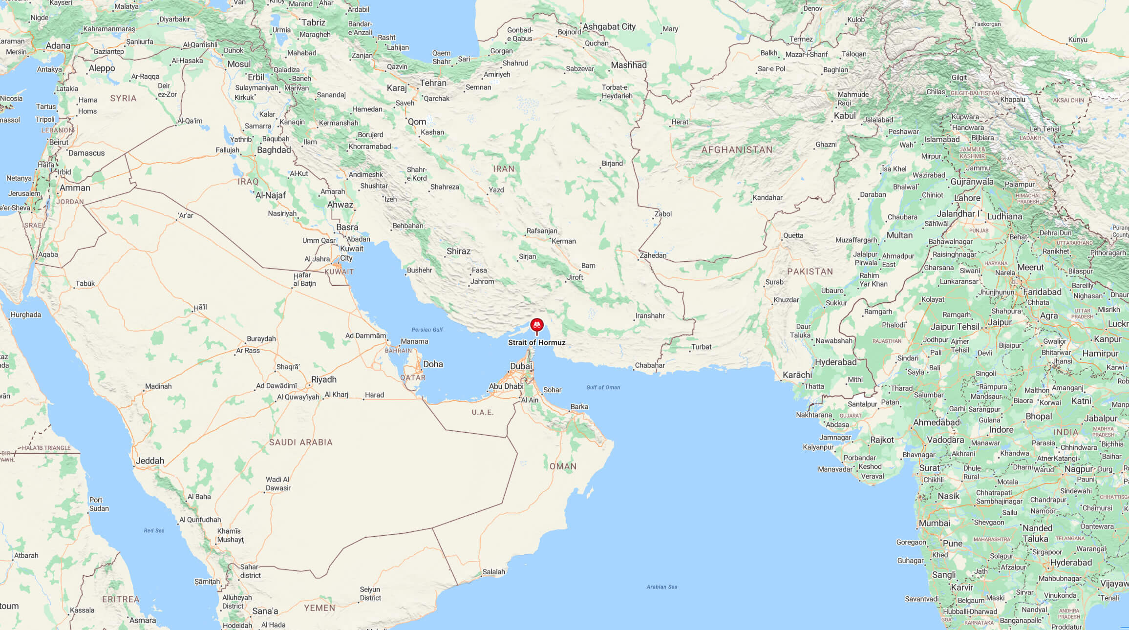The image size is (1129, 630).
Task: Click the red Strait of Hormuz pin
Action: pos(536,325)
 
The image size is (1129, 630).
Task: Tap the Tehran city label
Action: pos(433,83)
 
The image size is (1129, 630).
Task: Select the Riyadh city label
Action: pos(323,379)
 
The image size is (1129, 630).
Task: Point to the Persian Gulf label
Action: pos(427,330)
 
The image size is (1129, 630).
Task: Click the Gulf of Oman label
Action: pos(603,387)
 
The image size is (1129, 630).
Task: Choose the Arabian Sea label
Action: pos(661,587)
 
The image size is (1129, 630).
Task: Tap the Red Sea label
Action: pos(154,530)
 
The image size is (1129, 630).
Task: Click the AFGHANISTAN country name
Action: pos(737,150)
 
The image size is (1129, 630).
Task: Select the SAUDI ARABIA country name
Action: pos(300,442)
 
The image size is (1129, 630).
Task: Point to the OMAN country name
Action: pos(563,466)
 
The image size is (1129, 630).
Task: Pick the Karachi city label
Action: pos(797,375)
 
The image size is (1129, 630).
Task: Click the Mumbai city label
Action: pos(934,523)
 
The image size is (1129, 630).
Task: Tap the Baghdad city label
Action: pos(274,150)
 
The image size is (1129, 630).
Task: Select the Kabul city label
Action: pos(845,116)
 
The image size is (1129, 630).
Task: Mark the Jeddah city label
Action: pos(149,461)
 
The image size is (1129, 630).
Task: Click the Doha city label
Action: pos(433,364)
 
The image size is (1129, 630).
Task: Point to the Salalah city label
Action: pos(493,571)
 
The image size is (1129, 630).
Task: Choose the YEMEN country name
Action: pos(320,608)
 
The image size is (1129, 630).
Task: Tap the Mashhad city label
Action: pos(628,65)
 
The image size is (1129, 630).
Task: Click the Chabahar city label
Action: pos(650,365)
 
